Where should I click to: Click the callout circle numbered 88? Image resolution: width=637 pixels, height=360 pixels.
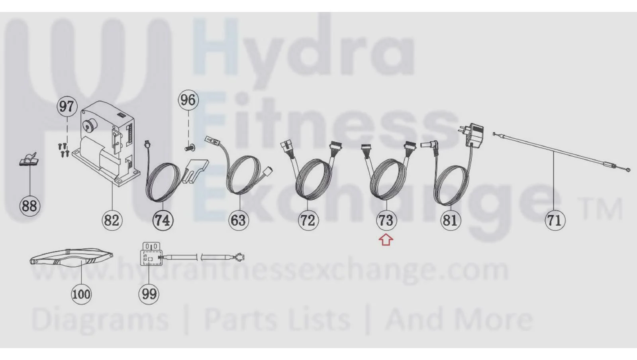tap(29, 206)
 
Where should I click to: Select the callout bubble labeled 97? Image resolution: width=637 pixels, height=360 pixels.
tap(67, 107)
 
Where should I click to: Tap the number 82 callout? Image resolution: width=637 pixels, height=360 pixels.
tap(112, 220)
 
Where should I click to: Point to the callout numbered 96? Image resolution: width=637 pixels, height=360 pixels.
tap(188, 100)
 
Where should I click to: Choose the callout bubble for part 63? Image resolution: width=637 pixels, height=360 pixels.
tap(239, 220)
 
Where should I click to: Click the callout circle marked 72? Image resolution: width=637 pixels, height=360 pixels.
tap(308, 220)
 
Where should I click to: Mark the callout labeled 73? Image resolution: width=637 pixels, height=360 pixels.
tap(386, 220)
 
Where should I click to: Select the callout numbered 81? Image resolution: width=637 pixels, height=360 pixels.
tap(451, 220)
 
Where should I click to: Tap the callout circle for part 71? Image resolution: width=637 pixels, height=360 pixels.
tap(555, 220)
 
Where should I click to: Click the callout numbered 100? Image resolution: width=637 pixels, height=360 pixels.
tap(81, 294)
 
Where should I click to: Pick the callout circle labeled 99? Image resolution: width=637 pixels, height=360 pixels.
tap(149, 294)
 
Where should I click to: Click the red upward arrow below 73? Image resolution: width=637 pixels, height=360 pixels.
tap(386, 240)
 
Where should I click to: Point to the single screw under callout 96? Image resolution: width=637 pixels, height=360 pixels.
tap(188, 148)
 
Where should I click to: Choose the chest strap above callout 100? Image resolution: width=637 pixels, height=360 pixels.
tap(71, 258)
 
